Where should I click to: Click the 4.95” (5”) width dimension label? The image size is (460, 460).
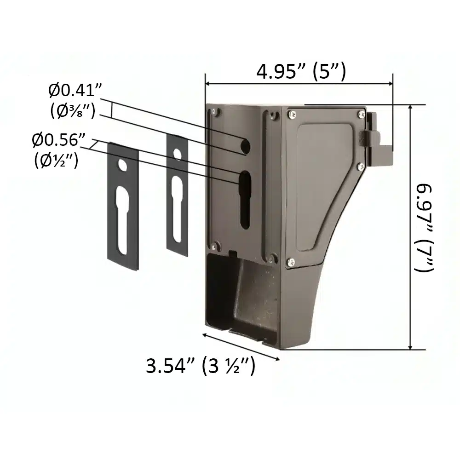[x=301, y=72]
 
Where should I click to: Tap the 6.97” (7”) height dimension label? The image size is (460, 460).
[x=423, y=228]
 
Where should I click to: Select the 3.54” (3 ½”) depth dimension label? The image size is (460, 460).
[x=201, y=366]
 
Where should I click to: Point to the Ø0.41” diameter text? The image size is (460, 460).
[x=75, y=90]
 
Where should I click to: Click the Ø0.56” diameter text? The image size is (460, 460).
[x=59, y=140]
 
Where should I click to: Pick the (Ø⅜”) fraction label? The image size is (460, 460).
[x=73, y=111]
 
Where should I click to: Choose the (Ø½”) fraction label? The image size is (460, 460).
[x=56, y=160]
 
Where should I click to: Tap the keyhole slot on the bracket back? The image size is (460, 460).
[x=245, y=200]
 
